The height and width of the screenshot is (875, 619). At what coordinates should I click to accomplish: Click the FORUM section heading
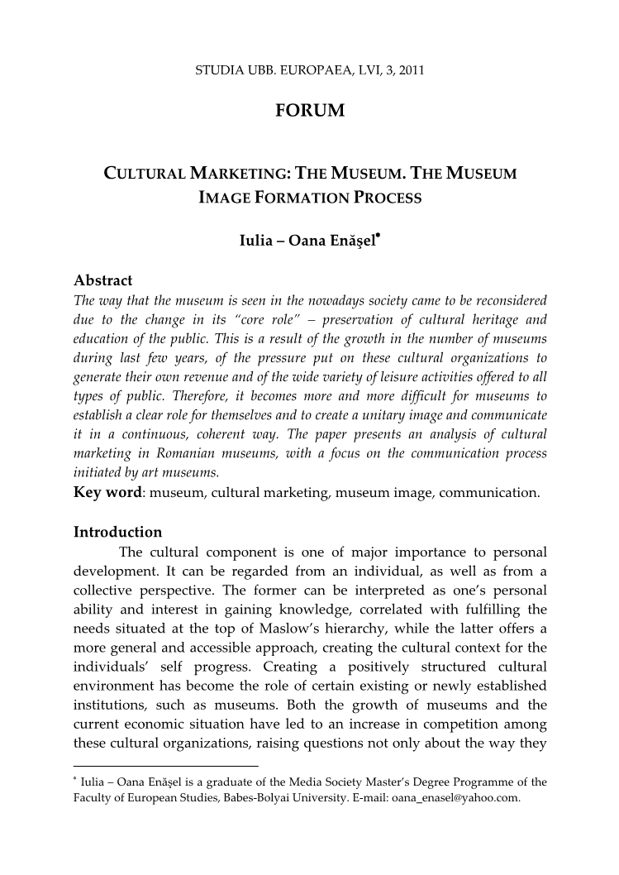point(309,110)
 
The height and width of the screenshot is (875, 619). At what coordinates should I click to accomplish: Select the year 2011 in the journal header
point(411,70)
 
